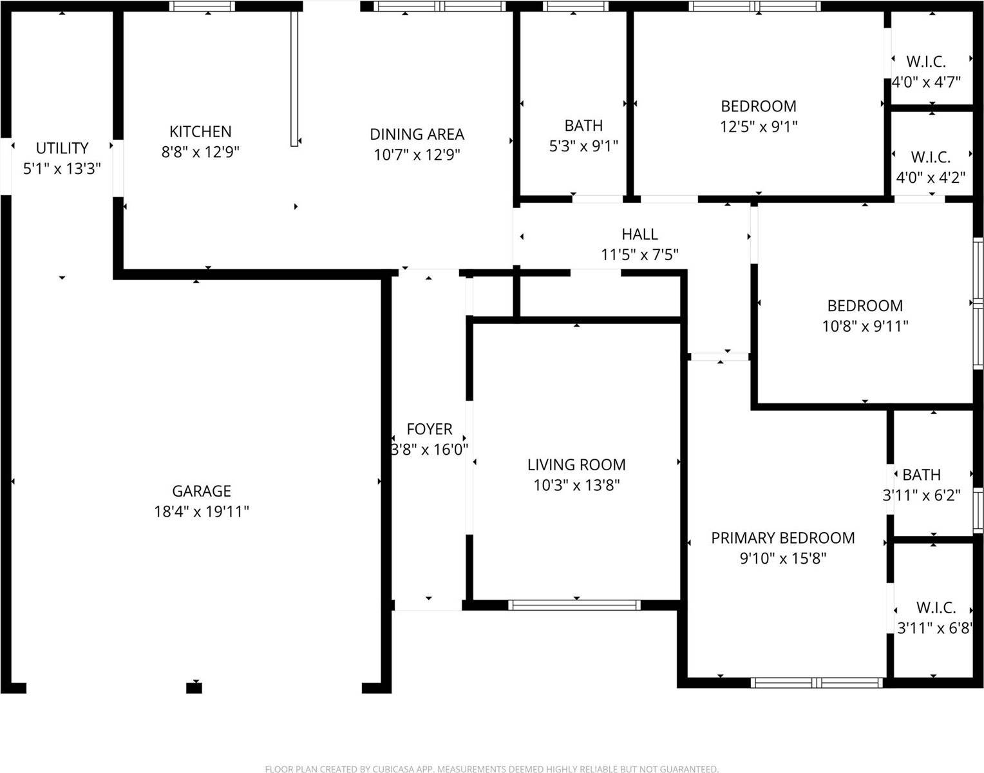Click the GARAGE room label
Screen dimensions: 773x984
[201, 491]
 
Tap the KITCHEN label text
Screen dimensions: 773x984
[200, 131]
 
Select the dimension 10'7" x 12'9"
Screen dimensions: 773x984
[417, 155]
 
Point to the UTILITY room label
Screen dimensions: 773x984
[62, 148]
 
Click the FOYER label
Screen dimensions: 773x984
[429, 429]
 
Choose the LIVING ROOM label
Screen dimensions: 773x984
[576, 464]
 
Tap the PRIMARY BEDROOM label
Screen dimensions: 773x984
[782, 538]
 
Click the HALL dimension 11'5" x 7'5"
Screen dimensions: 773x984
[639, 255]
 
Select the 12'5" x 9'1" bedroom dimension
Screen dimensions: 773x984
[758, 126]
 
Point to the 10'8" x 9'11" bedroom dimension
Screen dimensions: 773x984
[865, 326]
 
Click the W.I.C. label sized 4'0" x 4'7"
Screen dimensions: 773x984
[926, 62]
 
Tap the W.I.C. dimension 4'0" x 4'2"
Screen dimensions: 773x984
[931, 177]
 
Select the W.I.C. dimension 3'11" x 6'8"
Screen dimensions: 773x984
[934, 628]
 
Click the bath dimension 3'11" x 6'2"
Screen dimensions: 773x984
[921, 495]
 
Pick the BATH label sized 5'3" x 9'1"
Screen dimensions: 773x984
[583, 125]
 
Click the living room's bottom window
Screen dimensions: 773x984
[574, 605]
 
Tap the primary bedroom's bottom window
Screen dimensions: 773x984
[817, 683]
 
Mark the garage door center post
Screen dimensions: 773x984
[194, 688]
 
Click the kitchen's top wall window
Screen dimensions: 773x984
[202, 6]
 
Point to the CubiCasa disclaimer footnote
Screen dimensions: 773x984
[491, 768]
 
